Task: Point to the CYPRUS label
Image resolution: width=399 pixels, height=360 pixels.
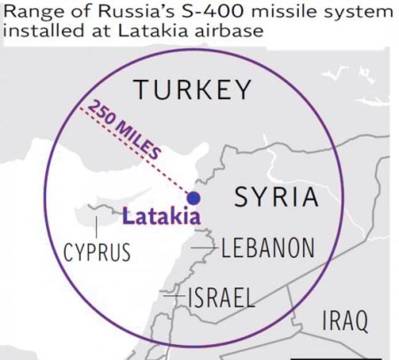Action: coord(97,253)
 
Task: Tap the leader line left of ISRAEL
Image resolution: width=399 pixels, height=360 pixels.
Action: coord(174,293)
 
